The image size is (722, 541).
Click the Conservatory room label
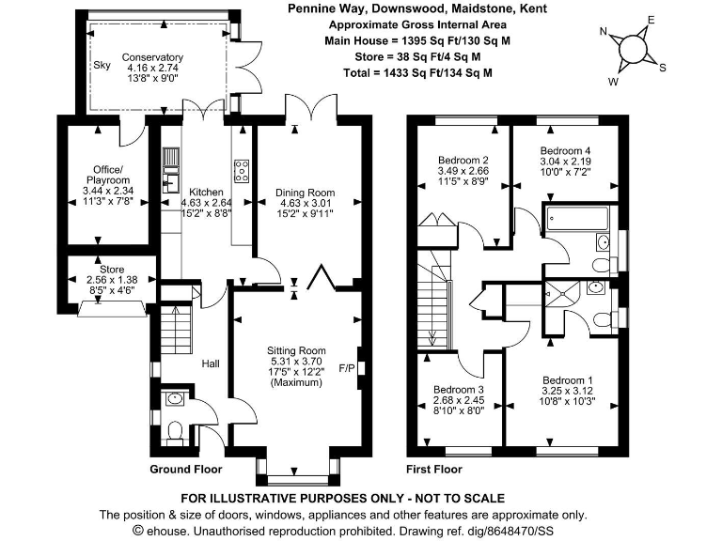[x=151, y=58]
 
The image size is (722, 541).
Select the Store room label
[x=111, y=269]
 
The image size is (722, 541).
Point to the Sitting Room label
[x=297, y=350]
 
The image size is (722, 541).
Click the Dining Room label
[x=305, y=193]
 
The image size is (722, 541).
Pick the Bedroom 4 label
[x=565, y=150]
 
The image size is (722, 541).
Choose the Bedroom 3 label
[x=458, y=390]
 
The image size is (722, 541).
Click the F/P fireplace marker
[x=346, y=367]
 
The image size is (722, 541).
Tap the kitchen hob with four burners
[x=241, y=171]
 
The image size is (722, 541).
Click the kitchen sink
[x=172, y=175]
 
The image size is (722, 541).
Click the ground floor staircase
[x=177, y=329]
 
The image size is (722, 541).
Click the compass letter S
[x=663, y=67]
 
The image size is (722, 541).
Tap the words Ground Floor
[x=186, y=469]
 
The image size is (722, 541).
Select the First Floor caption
[x=434, y=469]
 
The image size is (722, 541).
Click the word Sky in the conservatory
[x=102, y=65]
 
